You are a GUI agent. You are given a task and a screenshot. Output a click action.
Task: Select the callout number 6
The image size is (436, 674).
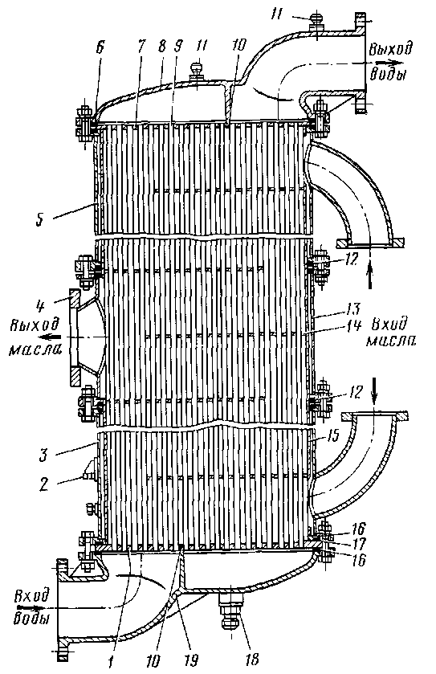[100, 47]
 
